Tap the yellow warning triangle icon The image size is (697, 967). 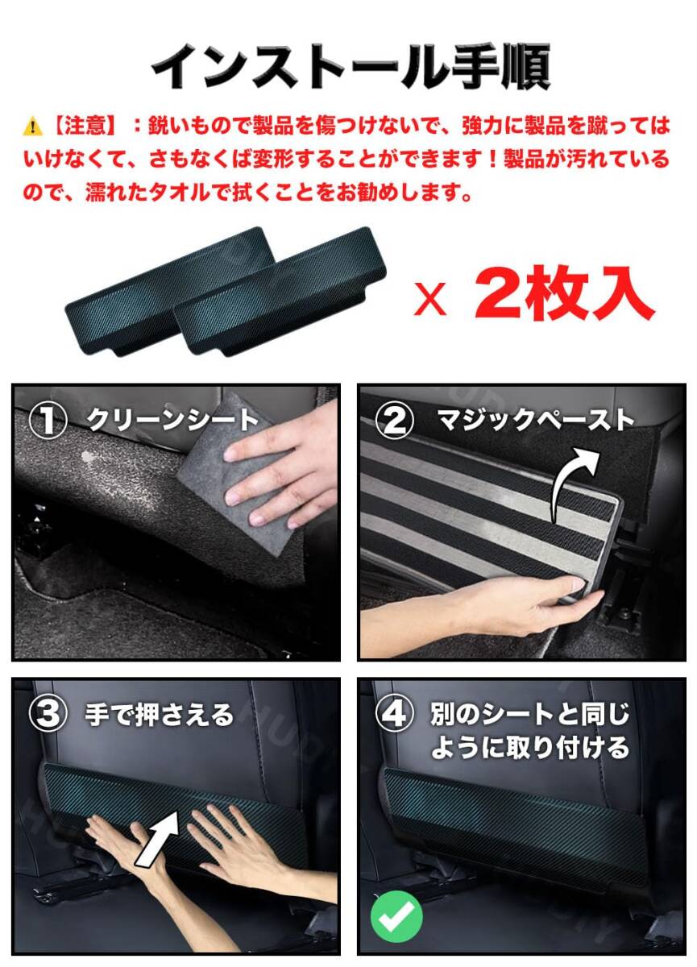coord(34,127)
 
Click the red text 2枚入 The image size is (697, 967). coord(562,295)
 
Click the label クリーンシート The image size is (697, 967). coord(172,421)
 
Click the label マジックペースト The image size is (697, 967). coord(534,421)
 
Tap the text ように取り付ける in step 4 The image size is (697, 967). coord(529,747)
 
